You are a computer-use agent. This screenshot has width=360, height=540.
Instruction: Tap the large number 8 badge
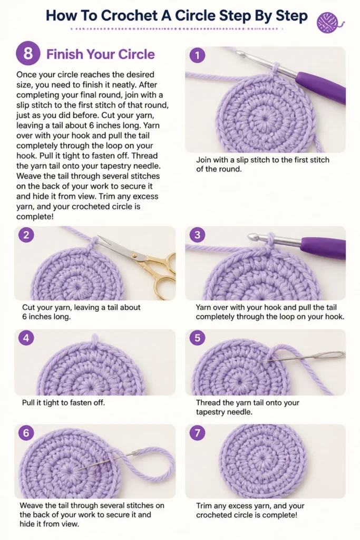[x=28, y=54]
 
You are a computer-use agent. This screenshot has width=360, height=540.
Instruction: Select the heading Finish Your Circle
[x=101, y=54]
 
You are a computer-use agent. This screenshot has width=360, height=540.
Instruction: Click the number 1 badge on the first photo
[x=197, y=55]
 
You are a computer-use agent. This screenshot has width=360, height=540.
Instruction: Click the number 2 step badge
[x=26, y=235]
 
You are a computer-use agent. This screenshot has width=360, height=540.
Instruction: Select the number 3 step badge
[x=197, y=235]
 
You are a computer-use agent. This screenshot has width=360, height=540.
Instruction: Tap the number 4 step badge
[x=26, y=338]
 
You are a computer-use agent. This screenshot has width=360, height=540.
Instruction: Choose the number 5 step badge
[x=197, y=338]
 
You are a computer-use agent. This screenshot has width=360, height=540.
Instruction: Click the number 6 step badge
[x=26, y=432]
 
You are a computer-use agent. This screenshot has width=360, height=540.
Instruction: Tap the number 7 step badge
[x=197, y=432]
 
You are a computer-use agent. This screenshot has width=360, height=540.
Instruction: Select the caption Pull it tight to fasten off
[x=63, y=402]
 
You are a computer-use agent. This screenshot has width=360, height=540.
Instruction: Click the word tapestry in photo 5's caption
[x=211, y=412]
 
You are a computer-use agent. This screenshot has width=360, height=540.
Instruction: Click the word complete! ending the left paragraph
[x=35, y=217]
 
